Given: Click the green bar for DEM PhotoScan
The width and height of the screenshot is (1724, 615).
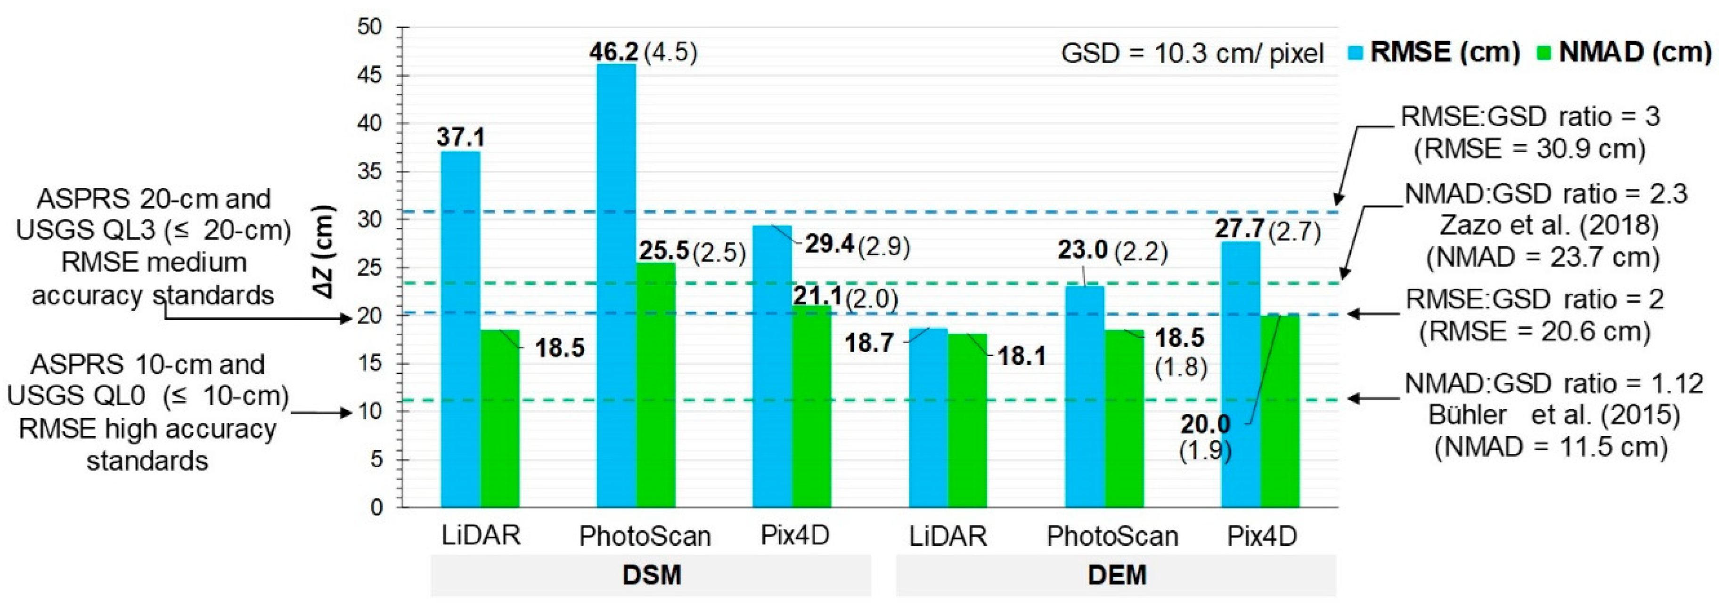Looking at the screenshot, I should click(1124, 418).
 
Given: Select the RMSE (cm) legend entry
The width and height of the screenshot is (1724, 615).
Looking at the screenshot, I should click(1436, 52).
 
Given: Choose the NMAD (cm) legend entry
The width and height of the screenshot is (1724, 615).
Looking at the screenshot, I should click(1627, 52).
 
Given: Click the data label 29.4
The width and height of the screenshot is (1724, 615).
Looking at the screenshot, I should click(829, 245).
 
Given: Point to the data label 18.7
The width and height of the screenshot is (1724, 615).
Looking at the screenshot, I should click(869, 343).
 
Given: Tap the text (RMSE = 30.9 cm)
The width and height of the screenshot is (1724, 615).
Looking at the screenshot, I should click(1529, 148).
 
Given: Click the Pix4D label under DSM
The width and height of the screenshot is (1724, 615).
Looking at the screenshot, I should click(795, 536).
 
